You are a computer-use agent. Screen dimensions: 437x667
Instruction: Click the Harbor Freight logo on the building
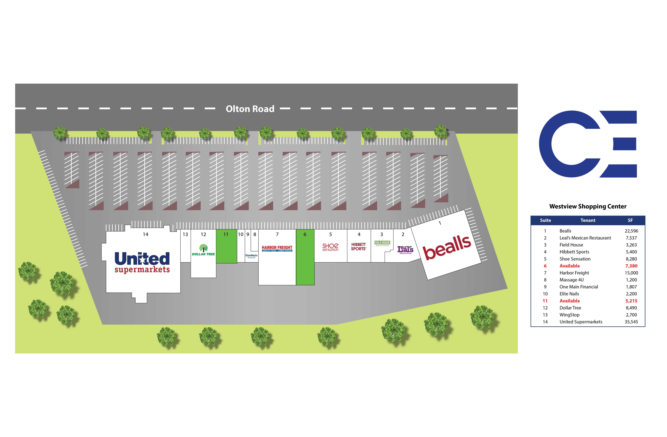click(x=277, y=248)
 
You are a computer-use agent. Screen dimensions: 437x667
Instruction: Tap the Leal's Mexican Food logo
click(x=405, y=250)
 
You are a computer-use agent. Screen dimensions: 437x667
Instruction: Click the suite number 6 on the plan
click(x=305, y=234)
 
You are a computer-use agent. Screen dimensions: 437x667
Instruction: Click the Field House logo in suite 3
click(x=382, y=243)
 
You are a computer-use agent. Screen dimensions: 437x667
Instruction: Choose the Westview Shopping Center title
click(x=588, y=207)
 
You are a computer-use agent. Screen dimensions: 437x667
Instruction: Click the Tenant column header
click(x=588, y=220)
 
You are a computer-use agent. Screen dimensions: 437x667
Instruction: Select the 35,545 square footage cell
click(x=631, y=322)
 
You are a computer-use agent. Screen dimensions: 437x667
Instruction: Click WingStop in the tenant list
click(x=569, y=315)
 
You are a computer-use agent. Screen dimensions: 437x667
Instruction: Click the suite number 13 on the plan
click(x=185, y=234)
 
